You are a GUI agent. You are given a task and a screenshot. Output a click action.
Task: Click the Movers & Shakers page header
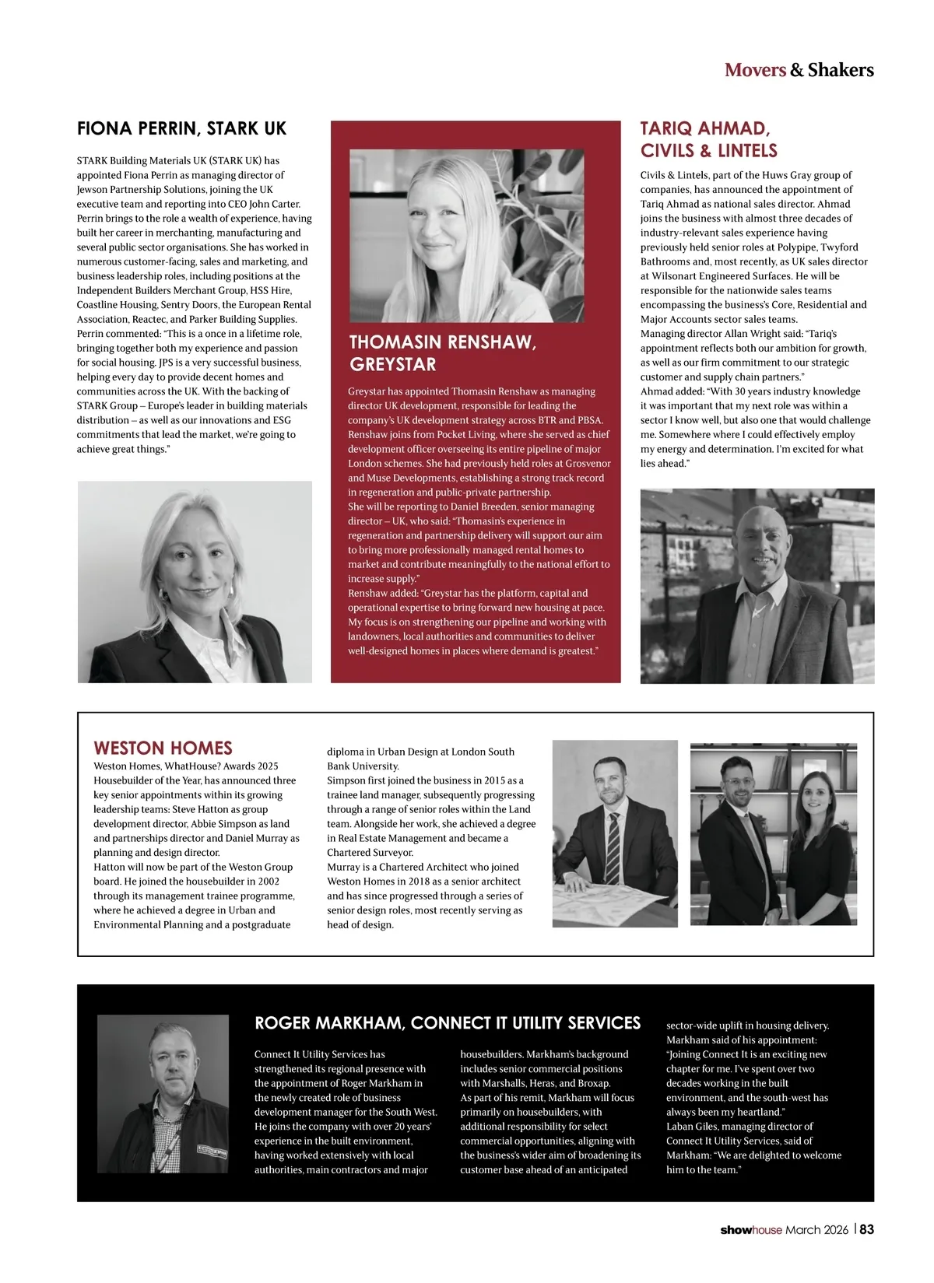(799, 70)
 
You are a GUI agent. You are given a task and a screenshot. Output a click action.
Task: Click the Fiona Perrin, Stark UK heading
(181, 128)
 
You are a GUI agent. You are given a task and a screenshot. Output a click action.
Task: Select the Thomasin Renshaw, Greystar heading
(442, 352)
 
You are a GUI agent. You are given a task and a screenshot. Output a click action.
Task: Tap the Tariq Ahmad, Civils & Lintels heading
(709, 139)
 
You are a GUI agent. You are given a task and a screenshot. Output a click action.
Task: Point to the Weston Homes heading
(163, 748)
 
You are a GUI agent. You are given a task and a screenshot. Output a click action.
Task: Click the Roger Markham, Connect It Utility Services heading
(448, 1022)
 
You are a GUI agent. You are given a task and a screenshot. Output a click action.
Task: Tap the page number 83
(866, 1229)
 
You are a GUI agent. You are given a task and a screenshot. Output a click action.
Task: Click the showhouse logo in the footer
(750, 1230)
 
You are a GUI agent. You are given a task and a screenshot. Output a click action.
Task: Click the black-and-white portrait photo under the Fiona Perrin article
(195, 581)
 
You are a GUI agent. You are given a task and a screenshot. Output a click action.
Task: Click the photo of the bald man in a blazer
(757, 586)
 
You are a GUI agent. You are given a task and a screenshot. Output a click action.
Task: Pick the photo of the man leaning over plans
(614, 833)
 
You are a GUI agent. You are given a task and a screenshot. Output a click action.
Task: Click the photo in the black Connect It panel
(163, 1093)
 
